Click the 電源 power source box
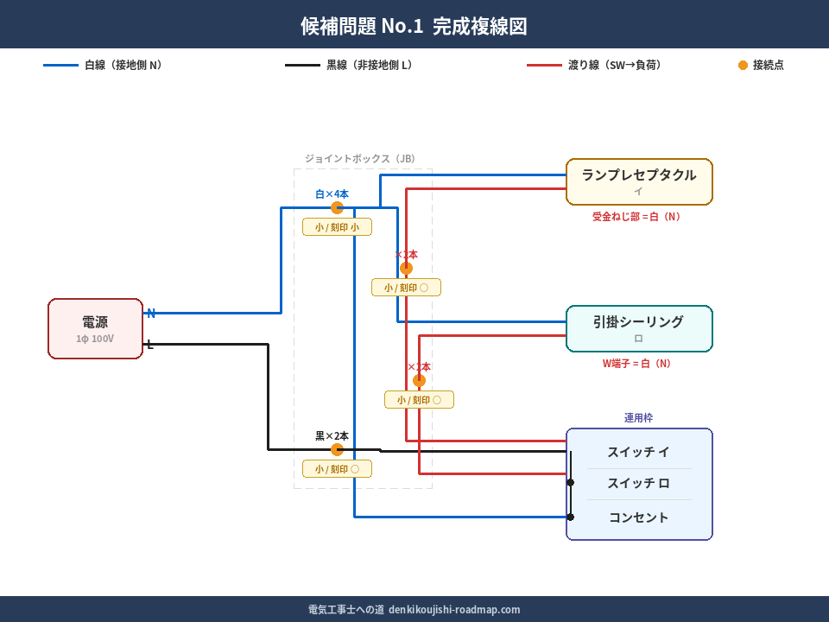95,328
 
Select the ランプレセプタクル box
639,181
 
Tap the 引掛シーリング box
639,328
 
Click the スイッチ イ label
638,452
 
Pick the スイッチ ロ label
638,484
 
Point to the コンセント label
638,517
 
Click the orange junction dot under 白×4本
337,207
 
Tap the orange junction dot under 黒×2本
337,449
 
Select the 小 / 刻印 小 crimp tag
337,227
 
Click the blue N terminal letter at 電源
151,313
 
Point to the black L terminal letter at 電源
149,345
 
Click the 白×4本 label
332,194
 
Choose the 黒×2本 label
332,436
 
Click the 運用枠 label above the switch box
638,417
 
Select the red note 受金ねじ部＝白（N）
636,217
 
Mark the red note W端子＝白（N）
636,364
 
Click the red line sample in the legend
544,65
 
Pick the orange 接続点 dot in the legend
743,65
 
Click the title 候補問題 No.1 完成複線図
414,26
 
